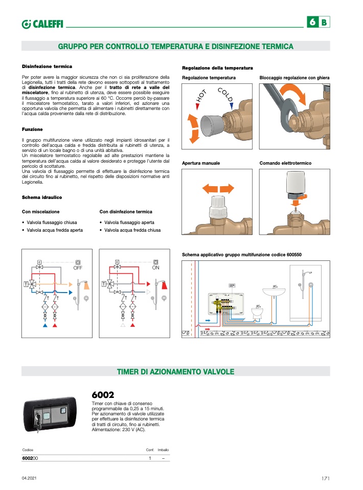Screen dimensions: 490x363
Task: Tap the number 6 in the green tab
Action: [312, 23]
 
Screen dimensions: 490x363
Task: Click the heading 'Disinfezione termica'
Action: [47, 66]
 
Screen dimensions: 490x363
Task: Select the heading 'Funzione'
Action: [32, 129]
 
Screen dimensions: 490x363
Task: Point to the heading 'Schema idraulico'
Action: [42, 197]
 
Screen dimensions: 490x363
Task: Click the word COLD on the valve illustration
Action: [225, 95]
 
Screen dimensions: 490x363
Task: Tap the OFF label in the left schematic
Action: [78, 268]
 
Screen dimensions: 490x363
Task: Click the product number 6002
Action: [102, 395]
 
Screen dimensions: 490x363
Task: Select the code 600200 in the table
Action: [31, 458]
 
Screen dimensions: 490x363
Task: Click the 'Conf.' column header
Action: [150, 450]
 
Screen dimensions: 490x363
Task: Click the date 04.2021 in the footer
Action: [29, 478]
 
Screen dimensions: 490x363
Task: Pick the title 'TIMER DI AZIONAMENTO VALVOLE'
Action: [175, 371]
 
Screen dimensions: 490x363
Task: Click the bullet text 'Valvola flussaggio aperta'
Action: [129, 222]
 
